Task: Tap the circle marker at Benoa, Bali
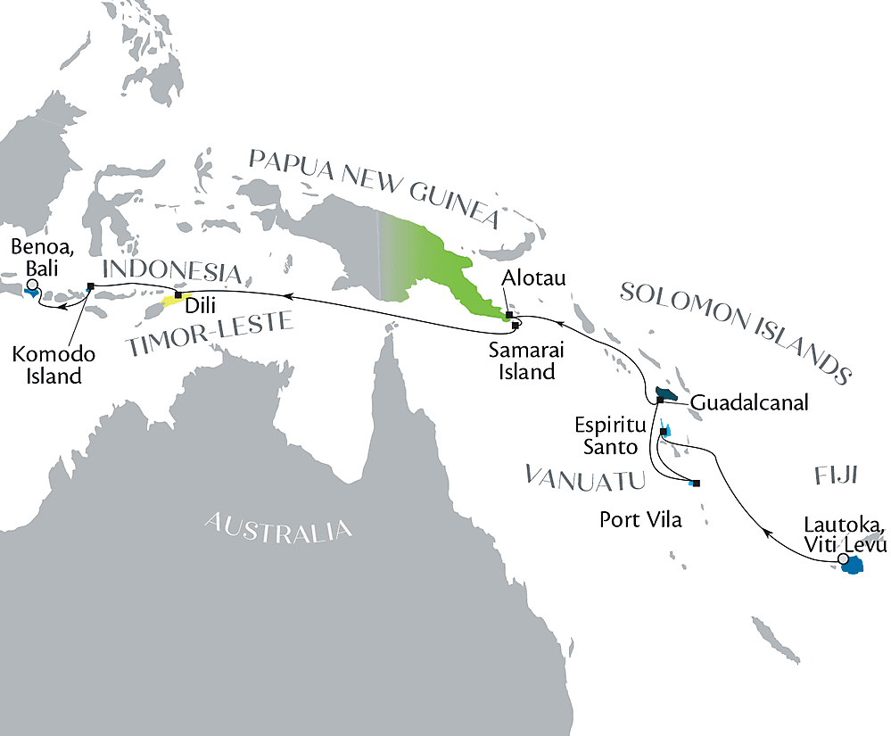coord(32,285)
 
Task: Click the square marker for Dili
coord(177,294)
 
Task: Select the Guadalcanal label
coord(749,403)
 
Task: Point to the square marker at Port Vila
coord(697,484)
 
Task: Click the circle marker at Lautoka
coord(843,558)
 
